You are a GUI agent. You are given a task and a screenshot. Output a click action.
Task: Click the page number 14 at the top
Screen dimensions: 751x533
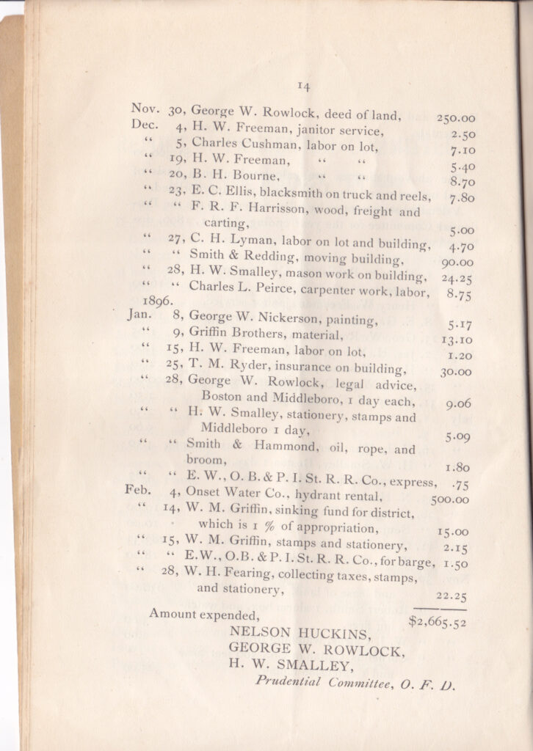(303, 87)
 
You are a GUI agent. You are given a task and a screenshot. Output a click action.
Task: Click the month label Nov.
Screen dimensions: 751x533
(145, 109)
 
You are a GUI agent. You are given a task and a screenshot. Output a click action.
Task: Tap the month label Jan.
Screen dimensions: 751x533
(139, 315)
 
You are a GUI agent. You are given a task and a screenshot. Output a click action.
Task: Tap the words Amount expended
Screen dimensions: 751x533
(203, 614)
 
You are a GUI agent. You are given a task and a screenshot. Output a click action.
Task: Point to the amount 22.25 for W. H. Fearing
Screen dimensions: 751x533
(451, 596)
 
